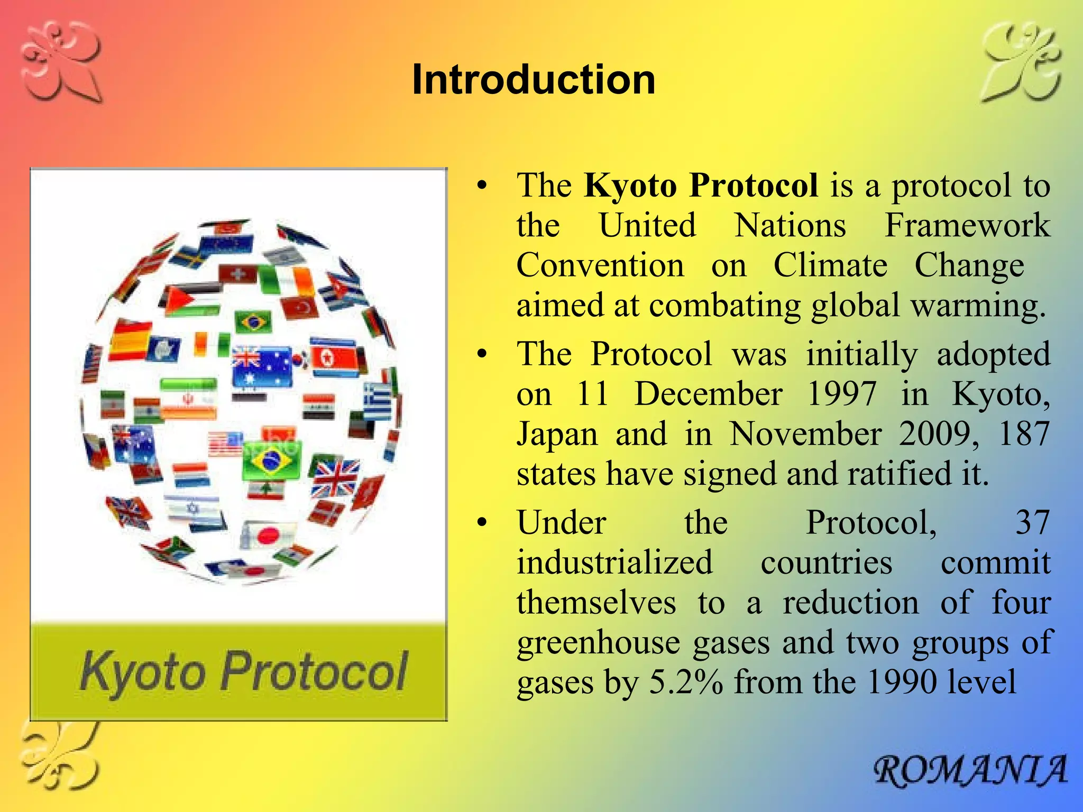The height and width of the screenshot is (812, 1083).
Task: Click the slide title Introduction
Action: pos(533,80)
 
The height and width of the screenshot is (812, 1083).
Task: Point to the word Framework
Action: pos(967,226)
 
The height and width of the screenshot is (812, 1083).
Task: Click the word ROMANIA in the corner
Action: pos(970,771)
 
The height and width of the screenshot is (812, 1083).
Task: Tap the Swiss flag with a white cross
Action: pos(238,274)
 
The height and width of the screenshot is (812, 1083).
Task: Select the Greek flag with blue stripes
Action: pos(377,402)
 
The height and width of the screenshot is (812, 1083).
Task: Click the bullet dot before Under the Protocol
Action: pos(481,523)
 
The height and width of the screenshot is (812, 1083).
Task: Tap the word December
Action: pos(708,394)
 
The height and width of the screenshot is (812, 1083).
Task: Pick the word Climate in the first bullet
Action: pos(830,265)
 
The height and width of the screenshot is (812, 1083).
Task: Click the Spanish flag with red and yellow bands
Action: pos(130,341)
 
